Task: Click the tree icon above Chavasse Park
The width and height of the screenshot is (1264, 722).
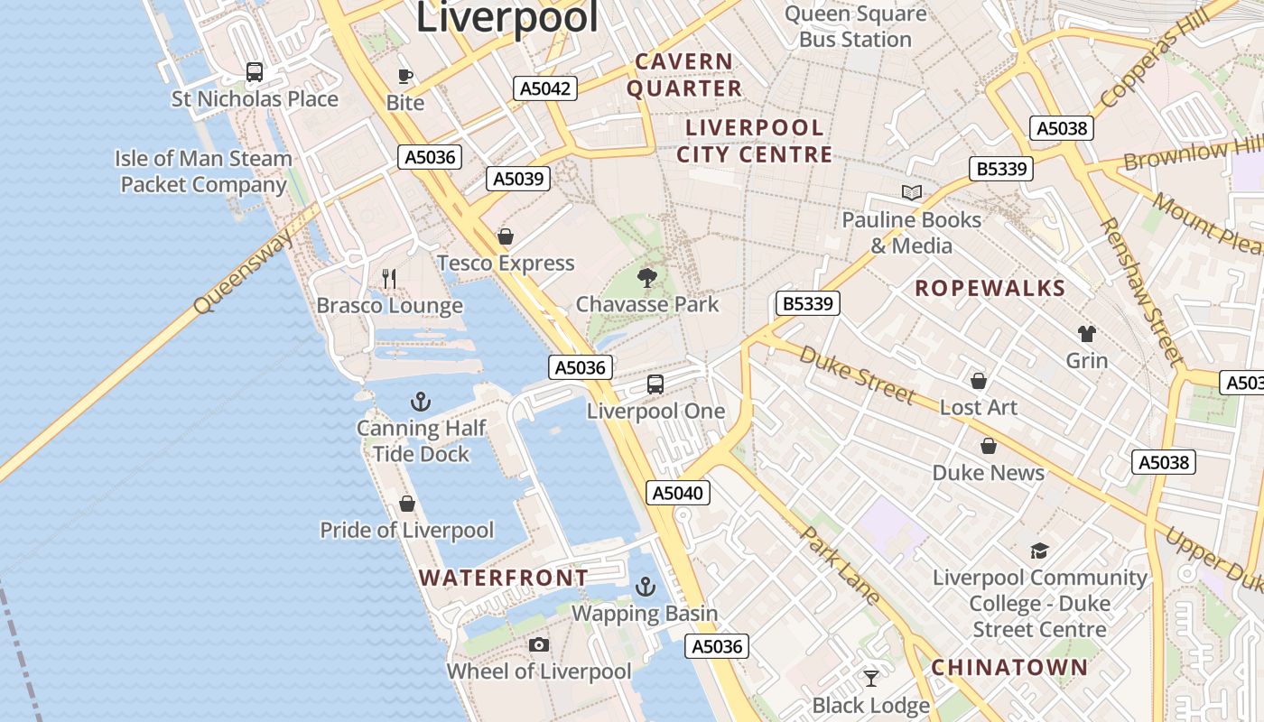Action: (646, 277)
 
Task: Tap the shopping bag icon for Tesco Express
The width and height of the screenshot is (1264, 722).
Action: (506, 236)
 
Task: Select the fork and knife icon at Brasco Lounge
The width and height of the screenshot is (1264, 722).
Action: (389, 278)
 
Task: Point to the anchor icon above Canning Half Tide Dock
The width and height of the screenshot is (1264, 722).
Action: (420, 401)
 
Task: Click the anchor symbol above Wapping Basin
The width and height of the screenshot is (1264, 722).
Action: (645, 587)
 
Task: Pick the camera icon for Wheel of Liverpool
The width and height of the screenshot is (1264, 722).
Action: (539, 644)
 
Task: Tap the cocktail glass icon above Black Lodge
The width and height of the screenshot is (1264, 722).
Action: (871, 678)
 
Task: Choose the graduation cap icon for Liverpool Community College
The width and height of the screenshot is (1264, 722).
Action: (1039, 551)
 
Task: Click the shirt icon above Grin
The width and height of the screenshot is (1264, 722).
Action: (1087, 333)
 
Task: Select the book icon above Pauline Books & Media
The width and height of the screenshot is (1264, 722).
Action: (911, 192)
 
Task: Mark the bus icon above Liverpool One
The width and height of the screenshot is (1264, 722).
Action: (655, 384)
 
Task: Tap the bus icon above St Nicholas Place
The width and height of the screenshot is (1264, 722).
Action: (255, 72)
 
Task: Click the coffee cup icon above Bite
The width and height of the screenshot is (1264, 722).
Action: (404, 76)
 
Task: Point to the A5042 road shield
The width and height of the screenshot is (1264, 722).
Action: (545, 88)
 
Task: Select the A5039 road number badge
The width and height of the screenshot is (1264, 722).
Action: (518, 179)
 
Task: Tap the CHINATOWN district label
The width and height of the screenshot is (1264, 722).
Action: (1009, 668)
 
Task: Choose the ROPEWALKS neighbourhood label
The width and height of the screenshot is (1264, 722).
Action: (990, 289)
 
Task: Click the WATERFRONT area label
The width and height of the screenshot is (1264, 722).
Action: (504, 578)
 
